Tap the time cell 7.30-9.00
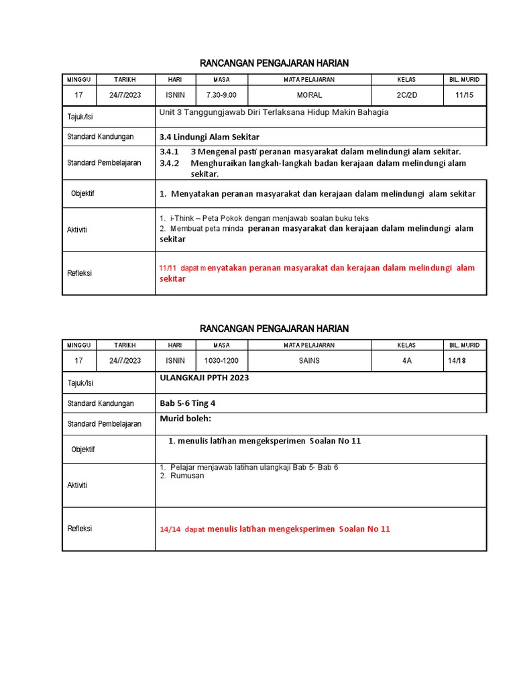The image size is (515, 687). (x=221, y=95)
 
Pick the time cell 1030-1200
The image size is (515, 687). (x=221, y=360)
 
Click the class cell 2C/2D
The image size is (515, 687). (x=406, y=95)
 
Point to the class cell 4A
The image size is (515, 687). (x=406, y=360)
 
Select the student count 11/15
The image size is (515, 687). (x=464, y=95)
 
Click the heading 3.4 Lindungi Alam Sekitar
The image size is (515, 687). (x=209, y=137)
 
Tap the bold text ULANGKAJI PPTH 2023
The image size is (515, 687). (x=204, y=378)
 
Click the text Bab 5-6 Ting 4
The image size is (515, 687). (x=187, y=403)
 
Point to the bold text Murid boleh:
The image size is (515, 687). (x=185, y=419)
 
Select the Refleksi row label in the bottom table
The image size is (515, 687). (x=80, y=529)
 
